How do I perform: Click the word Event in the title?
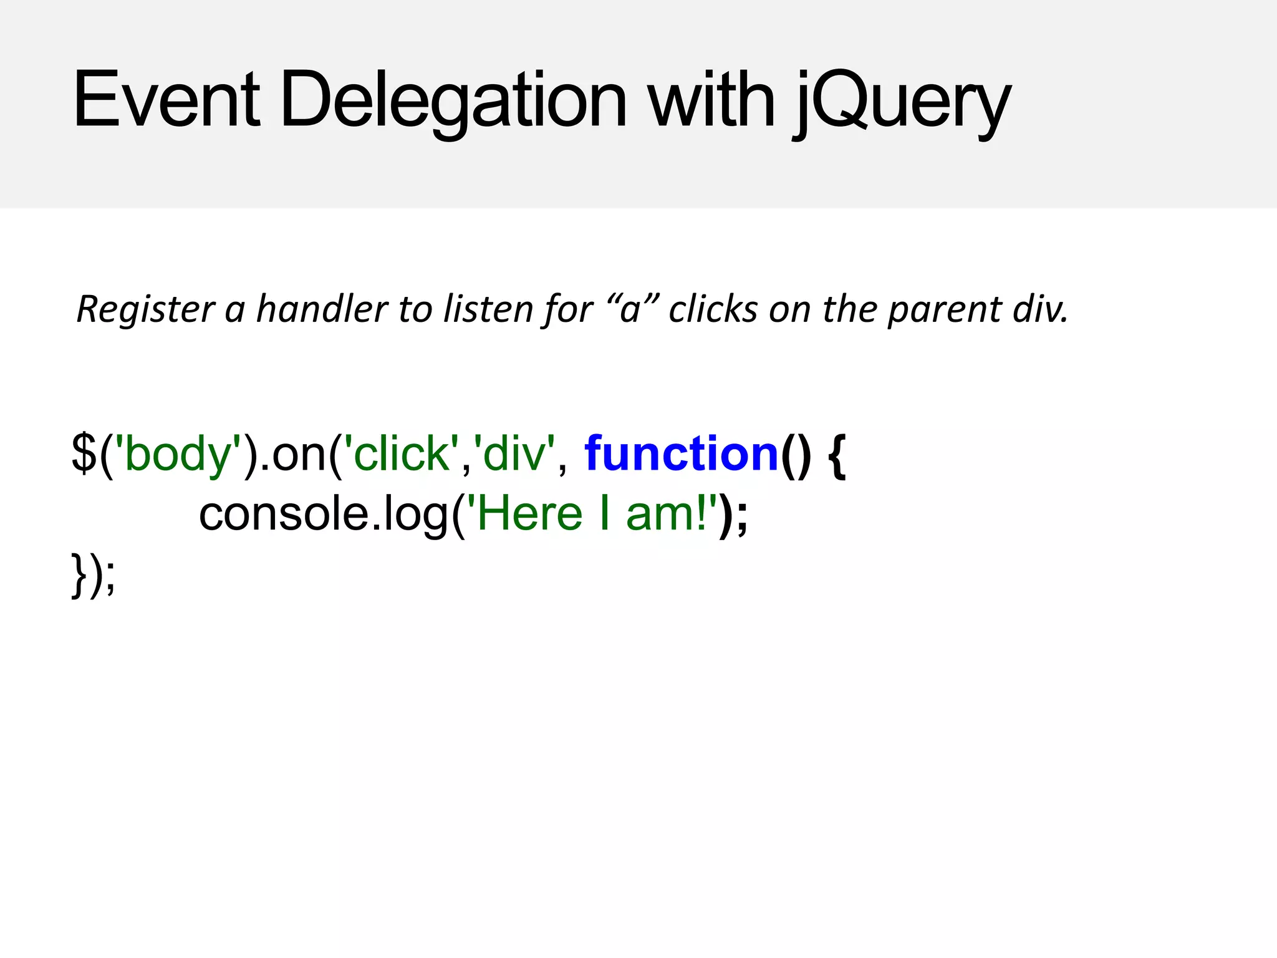pos(166,100)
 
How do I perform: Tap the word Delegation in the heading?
pos(453,100)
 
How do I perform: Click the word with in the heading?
pos(711,100)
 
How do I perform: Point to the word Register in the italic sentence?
pos(145,309)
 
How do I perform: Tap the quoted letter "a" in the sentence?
pos(631,309)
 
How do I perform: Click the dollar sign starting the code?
pos(84,453)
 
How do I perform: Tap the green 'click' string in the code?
pos(402,453)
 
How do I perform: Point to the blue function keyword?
pos(682,453)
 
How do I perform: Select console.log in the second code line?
pos(323,514)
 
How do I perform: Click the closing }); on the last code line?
pos(94,575)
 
